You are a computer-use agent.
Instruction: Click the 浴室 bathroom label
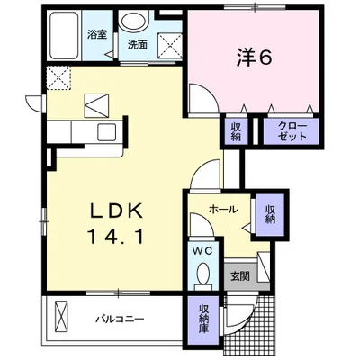point(97,35)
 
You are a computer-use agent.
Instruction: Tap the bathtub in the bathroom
point(65,35)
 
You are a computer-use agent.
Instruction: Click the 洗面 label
point(138,45)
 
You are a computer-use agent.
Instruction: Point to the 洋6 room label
point(254,58)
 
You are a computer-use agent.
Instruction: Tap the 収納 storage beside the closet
point(235,131)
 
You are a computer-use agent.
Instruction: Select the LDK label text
point(117,211)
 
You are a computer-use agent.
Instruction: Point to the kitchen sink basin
point(106,131)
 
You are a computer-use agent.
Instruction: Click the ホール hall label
point(223,210)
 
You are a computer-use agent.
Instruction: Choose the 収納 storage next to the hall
point(270,214)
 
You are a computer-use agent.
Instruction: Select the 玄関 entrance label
point(240,276)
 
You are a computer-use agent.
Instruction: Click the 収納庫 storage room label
point(203,319)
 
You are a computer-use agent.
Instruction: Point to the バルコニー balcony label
point(120,319)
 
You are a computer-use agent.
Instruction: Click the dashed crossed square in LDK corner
point(58,78)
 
